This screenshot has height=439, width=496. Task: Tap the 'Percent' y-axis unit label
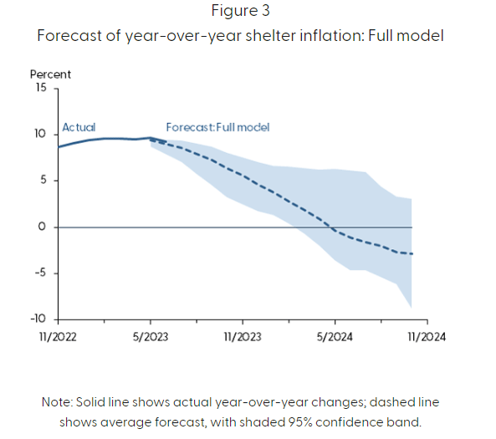tap(50, 74)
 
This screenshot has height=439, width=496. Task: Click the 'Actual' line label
tap(79, 128)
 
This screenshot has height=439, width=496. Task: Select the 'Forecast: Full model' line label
tap(217, 128)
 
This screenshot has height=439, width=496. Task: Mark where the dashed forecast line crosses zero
tap(331, 227)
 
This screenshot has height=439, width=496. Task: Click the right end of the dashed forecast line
tap(412, 253)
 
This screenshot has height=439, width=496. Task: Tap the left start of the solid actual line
tap(58, 147)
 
